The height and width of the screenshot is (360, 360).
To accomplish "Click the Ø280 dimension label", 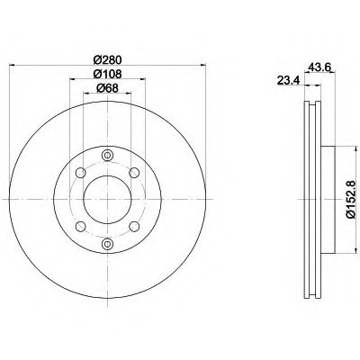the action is (x=107, y=60).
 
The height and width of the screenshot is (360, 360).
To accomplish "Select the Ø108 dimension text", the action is (x=107, y=74).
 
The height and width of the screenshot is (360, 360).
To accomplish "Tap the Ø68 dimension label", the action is (x=107, y=88).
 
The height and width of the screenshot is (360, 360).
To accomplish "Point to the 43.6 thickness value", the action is (x=319, y=67).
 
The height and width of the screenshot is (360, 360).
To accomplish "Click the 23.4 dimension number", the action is (x=288, y=81).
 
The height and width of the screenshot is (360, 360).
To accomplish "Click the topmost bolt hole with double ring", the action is (x=107, y=155).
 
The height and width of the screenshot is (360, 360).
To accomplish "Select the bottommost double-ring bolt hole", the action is (x=107, y=244).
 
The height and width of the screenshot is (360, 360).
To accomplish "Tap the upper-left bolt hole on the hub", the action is (x=80, y=173).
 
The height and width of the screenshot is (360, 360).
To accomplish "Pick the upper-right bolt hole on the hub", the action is (x=134, y=173).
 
